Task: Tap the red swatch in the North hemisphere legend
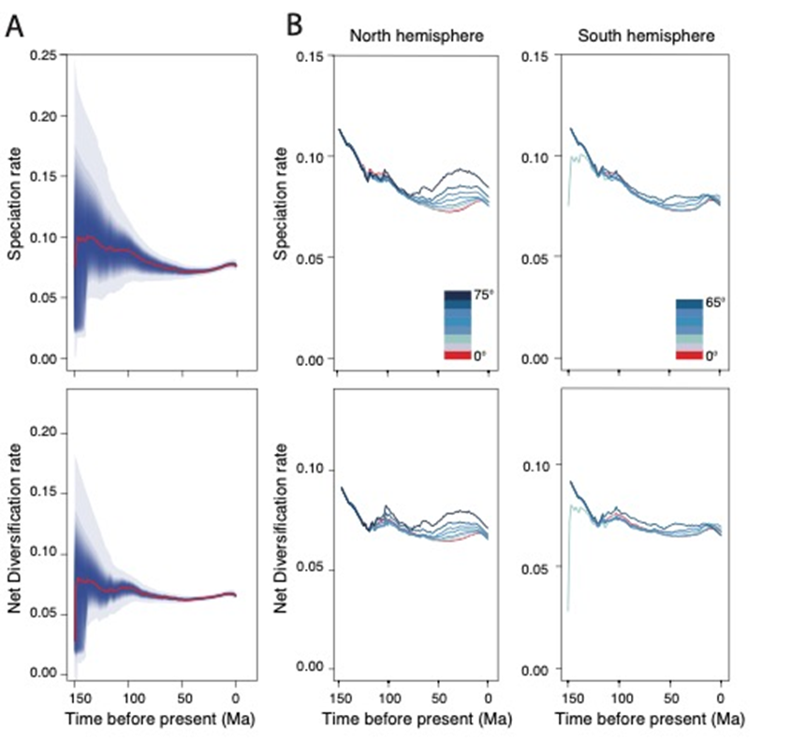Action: [461, 355]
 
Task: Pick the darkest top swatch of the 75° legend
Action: [461, 297]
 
